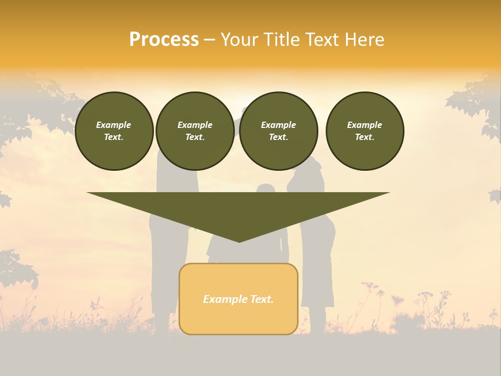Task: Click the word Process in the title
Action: coord(164,40)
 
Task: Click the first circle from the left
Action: coord(114,131)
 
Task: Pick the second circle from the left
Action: coord(195,131)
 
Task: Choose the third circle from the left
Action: coord(278,131)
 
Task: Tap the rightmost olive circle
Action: coord(364,131)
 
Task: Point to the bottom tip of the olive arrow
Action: coord(238,241)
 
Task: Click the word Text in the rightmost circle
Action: coord(364,137)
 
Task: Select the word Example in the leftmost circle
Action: coord(114,125)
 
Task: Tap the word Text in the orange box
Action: coord(261,299)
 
